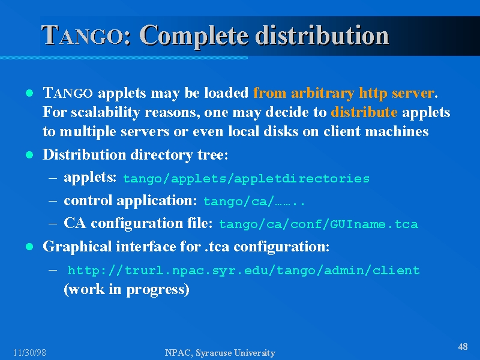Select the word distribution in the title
[322, 36]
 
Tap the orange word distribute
[364, 112]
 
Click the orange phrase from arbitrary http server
[343, 93]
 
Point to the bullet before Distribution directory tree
[29, 155]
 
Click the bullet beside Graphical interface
[29, 247]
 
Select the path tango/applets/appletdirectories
[246, 179]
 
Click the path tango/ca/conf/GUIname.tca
[319, 224]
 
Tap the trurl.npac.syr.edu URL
[244, 271]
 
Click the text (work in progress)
[127, 289]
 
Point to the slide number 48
[463, 347]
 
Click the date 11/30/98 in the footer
[29, 353]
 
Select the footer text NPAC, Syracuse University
[220, 353]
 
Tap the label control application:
[130, 200]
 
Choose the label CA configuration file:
[138, 223]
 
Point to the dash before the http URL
[53, 270]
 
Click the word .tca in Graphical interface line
[217, 247]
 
